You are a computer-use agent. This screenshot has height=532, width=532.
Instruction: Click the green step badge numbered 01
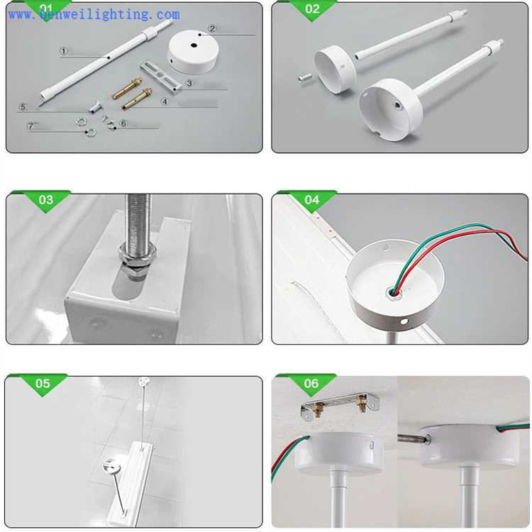coord(46,9)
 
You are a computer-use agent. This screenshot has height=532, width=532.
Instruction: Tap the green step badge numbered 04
coord(312,200)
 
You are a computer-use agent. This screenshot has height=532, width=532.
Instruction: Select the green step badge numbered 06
coord(311,384)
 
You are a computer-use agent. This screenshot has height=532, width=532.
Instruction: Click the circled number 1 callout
coord(63,50)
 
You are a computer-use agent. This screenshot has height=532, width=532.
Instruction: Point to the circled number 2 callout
coord(211,29)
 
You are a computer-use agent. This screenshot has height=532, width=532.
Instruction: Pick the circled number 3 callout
coord(189,83)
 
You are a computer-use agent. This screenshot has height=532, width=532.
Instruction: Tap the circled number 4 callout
coord(165,101)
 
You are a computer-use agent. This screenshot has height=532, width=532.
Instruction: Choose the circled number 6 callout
coord(123,123)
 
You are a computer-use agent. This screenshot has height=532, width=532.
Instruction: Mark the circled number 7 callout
coord(30,126)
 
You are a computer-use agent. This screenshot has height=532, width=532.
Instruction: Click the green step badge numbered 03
coord(46,200)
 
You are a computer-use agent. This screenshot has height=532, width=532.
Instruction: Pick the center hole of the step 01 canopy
coord(194,45)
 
